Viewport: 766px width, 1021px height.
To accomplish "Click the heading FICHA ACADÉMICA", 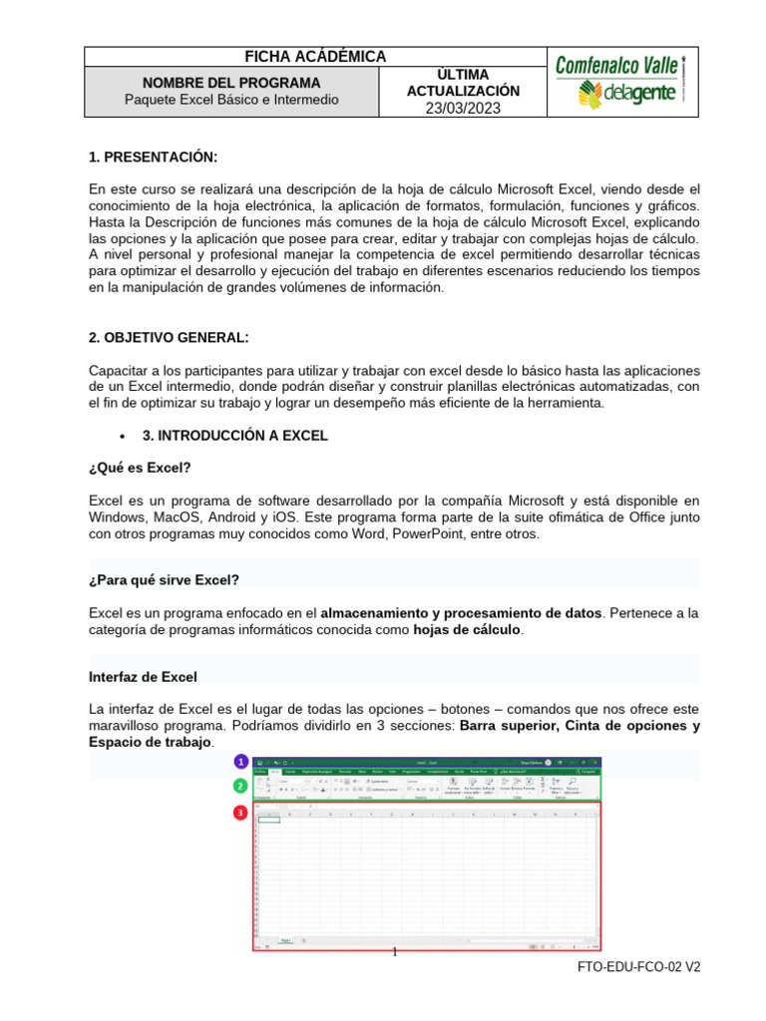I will pos(315,57).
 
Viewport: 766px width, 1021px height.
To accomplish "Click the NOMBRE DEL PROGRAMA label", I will pos(231,82).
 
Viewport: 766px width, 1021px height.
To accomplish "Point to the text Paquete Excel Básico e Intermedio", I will pos(231,100).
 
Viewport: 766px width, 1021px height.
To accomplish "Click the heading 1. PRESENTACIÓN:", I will pos(153,157).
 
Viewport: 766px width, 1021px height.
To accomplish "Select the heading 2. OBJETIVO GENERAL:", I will pos(169,337).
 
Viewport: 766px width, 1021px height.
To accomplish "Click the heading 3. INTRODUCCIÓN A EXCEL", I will pos(235,436).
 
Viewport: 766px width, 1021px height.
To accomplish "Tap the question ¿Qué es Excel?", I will pos(140,467).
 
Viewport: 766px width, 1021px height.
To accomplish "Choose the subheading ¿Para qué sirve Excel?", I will pos(165,579).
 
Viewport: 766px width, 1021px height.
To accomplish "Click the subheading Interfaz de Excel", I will pos(144,676).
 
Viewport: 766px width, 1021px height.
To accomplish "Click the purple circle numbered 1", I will pos(240,762).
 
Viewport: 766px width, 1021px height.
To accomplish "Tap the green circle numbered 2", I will pos(240,786).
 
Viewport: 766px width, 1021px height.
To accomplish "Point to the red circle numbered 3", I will pos(240,813).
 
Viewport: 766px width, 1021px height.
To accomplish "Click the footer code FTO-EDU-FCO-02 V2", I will pos(639,968).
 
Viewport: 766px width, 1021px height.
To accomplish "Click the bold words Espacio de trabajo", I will pos(151,743).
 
